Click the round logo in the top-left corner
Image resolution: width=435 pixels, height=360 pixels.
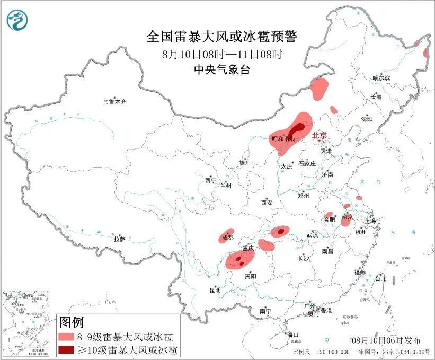tap(17, 20)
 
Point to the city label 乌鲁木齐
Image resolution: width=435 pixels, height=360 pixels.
tap(115, 101)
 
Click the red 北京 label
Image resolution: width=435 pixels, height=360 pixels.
tap(321, 136)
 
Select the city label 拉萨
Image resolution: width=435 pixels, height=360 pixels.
tap(119, 239)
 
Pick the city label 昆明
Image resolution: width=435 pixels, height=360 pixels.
tap(215, 290)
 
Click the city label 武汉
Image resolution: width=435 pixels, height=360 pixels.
tap(312, 234)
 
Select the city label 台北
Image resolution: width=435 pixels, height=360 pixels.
tap(380, 278)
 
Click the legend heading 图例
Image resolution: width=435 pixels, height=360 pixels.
tap(72, 322)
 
